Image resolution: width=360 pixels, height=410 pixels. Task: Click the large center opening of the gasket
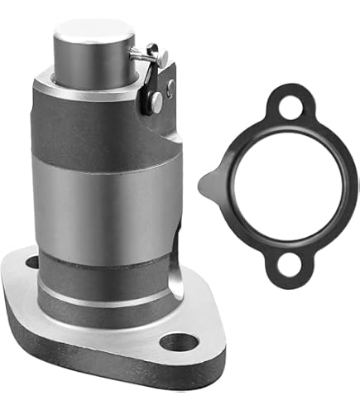click(x=281, y=187)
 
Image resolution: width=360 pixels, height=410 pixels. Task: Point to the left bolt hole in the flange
click(x=33, y=263)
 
